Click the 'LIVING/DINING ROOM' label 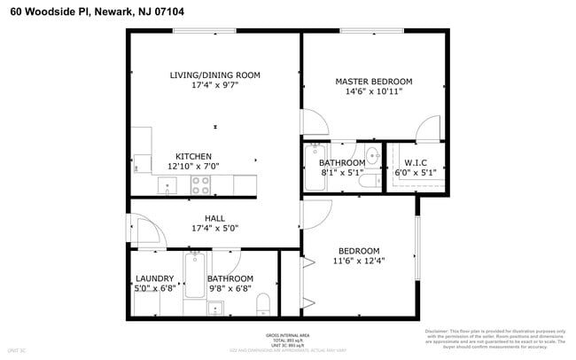coord(214,75)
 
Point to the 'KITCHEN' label coord(193,156)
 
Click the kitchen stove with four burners coord(201,185)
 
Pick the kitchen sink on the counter coord(167,186)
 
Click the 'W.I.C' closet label coord(416,163)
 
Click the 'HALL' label coord(214,218)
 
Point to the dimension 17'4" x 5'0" coord(214,229)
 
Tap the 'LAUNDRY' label coord(153,278)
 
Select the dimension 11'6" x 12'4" coord(359,261)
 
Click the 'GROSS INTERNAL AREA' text coord(286,335)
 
